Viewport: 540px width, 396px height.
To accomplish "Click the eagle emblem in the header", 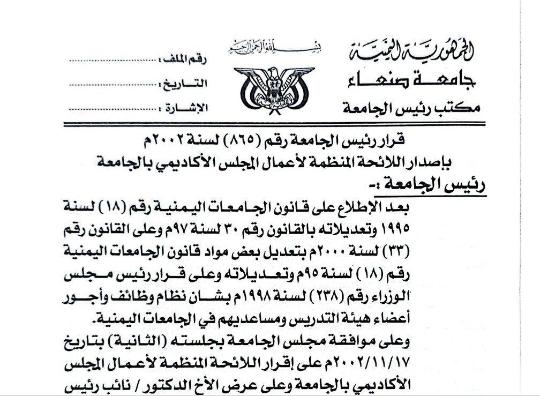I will tap(274, 85).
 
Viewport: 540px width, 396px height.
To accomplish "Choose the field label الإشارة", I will tap(185, 108).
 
